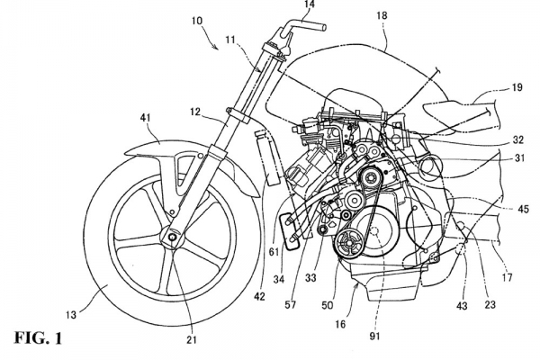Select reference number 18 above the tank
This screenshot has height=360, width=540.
click(382, 17)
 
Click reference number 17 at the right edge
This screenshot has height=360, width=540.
click(508, 278)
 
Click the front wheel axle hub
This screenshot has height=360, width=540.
click(170, 237)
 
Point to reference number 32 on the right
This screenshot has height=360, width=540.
click(519, 139)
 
